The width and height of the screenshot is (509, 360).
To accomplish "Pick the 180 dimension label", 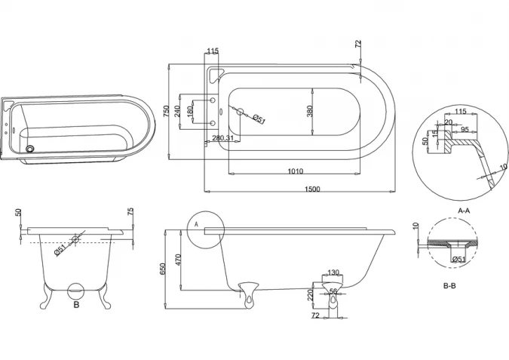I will pos(190,111).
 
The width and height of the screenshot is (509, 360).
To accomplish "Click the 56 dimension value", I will pos(333,291).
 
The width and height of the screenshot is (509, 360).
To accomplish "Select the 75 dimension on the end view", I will pos(130,213).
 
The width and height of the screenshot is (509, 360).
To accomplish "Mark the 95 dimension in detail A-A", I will pos(466,130).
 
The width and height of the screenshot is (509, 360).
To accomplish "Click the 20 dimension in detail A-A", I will pos(448,123).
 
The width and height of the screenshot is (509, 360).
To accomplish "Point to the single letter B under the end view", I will pos(75,305).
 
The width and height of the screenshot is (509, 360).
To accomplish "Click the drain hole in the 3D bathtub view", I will pos(31,149).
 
